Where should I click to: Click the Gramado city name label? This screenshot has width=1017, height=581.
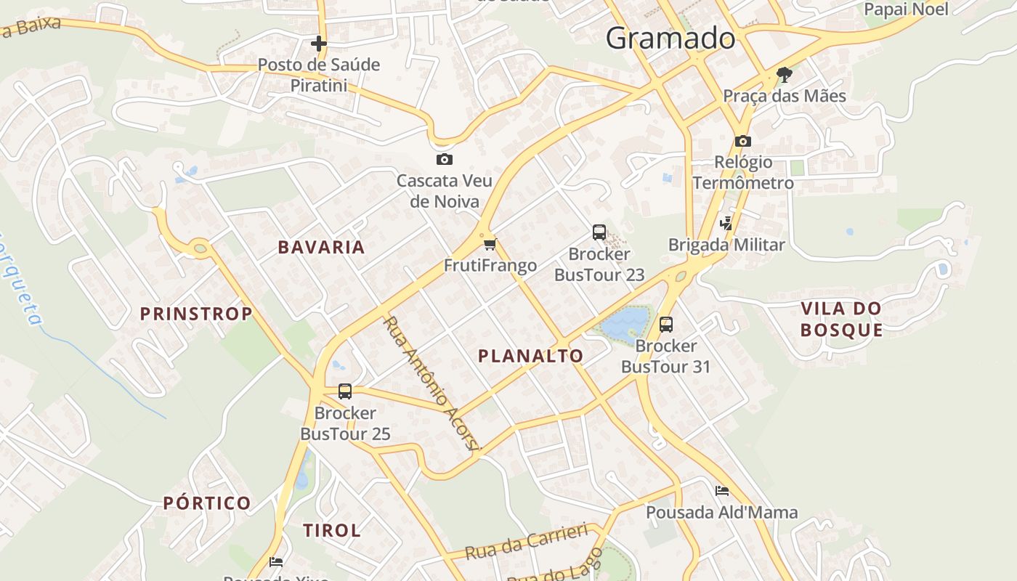pyautogui.click(x=670, y=38)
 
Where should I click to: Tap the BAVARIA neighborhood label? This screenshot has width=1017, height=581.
pyautogui.click(x=321, y=247)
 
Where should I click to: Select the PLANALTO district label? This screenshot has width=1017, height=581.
pyautogui.click(x=530, y=356)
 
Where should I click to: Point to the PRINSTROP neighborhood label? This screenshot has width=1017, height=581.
pyautogui.click(x=196, y=314)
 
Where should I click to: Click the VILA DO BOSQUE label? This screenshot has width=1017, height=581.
pyautogui.click(x=841, y=319)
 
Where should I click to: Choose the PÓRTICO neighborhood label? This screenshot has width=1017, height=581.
pyautogui.click(x=207, y=503)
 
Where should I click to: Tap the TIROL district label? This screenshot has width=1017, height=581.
pyautogui.click(x=332, y=530)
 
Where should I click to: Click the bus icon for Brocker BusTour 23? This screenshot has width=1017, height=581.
pyautogui.click(x=599, y=232)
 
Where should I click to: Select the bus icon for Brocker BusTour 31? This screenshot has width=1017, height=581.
pyautogui.click(x=665, y=324)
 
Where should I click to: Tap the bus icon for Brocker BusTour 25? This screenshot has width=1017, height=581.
pyautogui.click(x=345, y=391)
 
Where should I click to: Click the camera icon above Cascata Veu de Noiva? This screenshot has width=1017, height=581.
pyautogui.click(x=444, y=159)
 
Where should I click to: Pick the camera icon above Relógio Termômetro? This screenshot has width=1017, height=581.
pyautogui.click(x=742, y=141)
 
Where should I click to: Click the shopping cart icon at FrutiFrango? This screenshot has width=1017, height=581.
pyautogui.click(x=490, y=244)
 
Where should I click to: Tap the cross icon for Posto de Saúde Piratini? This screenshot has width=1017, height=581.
pyautogui.click(x=318, y=44)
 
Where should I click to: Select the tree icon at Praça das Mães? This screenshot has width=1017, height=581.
pyautogui.click(x=784, y=74)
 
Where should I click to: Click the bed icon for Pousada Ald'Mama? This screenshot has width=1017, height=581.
pyautogui.click(x=721, y=491)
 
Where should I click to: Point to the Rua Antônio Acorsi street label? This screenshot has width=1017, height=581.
pyautogui.click(x=432, y=384)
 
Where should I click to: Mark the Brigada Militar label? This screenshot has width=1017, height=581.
pyautogui.click(x=726, y=245)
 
